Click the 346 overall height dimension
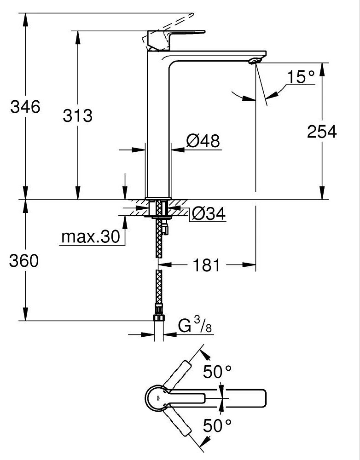coord(25,107)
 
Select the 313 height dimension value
coord(77,115)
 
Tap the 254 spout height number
coord(322,132)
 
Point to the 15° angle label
coord(301,77)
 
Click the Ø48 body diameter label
coord(203,141)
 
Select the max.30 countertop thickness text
coord(91,236)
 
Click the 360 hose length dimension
coord(24,260)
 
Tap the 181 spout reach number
coord(206,265)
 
